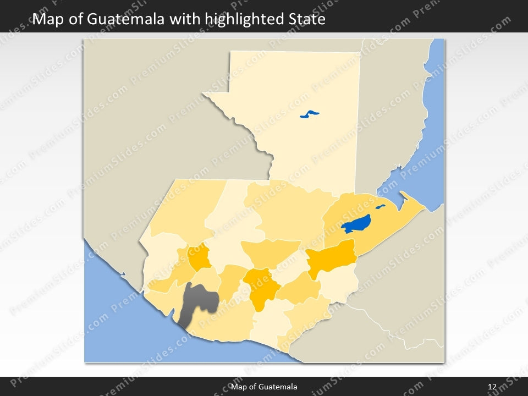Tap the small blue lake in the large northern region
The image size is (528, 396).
click(310, 115)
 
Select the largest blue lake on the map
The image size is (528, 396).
click(356, 223)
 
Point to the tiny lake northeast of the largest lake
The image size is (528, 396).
click(380, 207)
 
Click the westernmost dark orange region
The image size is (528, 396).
click(199, 256)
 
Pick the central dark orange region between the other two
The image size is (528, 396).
click(261, 286)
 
